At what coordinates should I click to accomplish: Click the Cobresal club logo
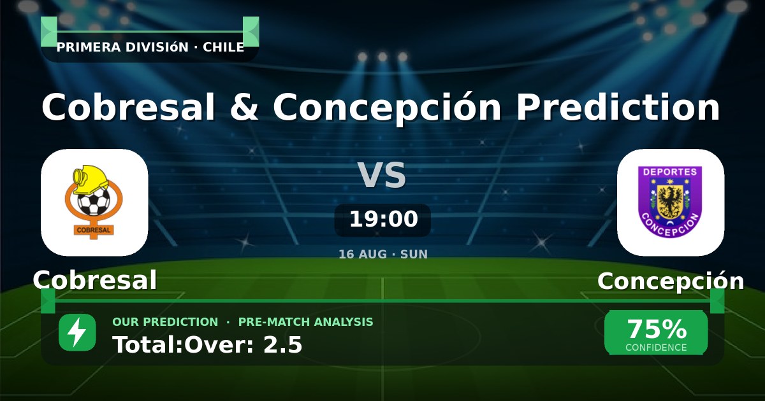point(94,202)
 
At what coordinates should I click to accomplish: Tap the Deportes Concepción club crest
point(670,202)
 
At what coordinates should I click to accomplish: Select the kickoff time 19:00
point(384,219)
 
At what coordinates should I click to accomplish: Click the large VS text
point(382,175)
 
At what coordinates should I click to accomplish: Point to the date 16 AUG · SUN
point(383,255)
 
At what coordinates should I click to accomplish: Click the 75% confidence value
point(657,329)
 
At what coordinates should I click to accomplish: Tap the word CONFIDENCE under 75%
point(656,348)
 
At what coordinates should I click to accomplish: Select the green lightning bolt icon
point(77,332)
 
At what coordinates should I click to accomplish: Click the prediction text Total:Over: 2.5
point(207,345)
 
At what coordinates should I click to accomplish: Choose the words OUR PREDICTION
point(165,322)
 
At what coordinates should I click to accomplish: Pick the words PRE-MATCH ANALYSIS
point(305,322)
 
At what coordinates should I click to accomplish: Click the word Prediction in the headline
point(618,107)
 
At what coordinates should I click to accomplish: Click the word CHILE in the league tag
point(223,47)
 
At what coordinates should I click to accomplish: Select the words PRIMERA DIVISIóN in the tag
point(122,47)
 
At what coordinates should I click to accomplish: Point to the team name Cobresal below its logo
point(95,280)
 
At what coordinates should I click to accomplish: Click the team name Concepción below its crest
point(671,281)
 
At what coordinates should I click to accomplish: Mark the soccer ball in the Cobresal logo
point(94,202)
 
